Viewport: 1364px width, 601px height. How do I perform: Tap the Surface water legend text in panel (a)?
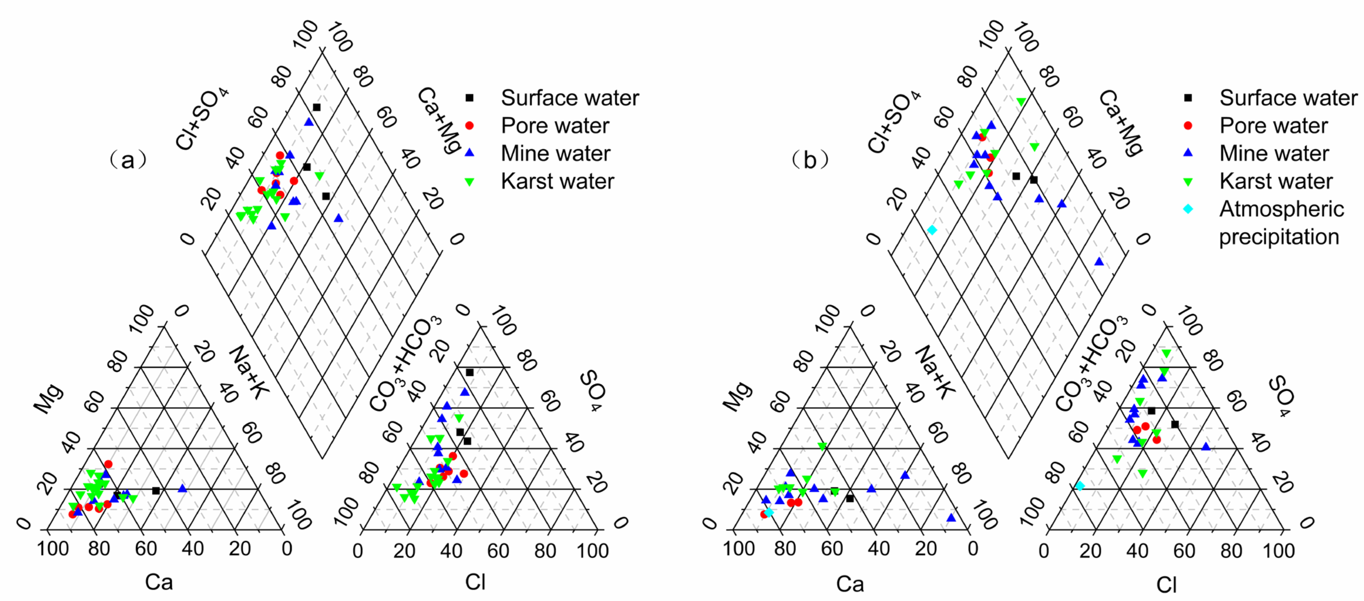pos(570,98)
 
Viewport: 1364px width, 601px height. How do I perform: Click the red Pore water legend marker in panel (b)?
pos(1188,125)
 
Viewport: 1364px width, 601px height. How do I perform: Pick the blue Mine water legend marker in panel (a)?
pos(469,153)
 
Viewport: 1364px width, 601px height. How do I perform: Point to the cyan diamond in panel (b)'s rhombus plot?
pos(932,230)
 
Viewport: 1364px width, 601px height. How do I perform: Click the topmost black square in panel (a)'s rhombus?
pos(317,107)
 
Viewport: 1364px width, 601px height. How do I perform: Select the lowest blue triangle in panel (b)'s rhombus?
pos(1099,261)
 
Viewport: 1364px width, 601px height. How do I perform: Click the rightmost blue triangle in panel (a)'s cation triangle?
pos(182,488)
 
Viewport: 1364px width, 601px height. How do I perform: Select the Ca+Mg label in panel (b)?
pos(1121,122)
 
